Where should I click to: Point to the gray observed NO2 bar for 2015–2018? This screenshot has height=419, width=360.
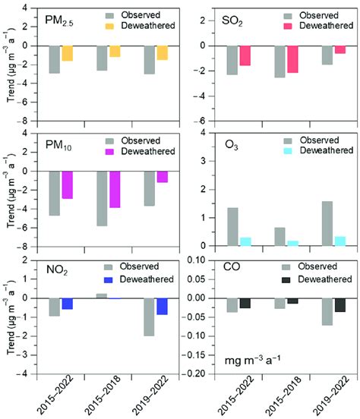102,295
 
